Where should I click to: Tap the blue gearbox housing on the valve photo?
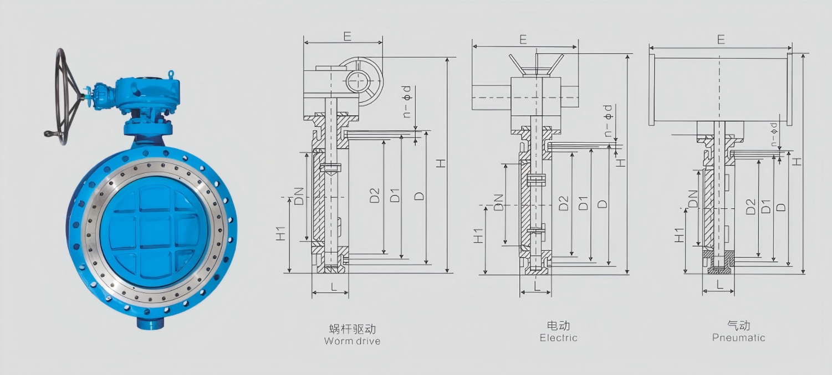coord(149,93)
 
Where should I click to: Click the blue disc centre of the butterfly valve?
coord(153,232)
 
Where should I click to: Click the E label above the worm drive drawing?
coord(347,36)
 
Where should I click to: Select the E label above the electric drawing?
coord(523,39)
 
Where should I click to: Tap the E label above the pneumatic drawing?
coord(721,39)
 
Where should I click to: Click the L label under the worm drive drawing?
coord(334,286)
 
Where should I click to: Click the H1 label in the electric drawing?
coord(479,235)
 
